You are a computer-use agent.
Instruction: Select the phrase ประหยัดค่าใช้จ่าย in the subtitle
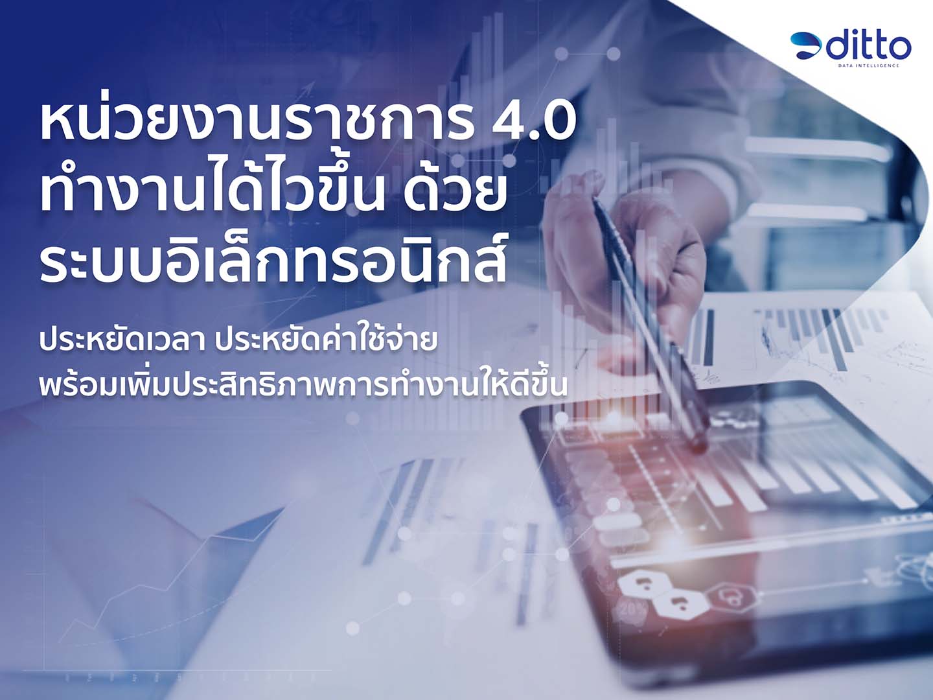(x=326, y=342)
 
